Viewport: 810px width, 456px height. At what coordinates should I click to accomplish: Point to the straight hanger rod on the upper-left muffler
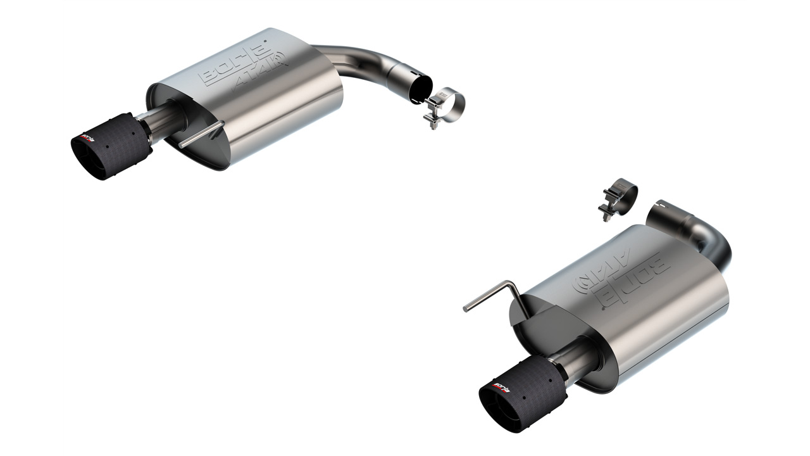tap(201, 135)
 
